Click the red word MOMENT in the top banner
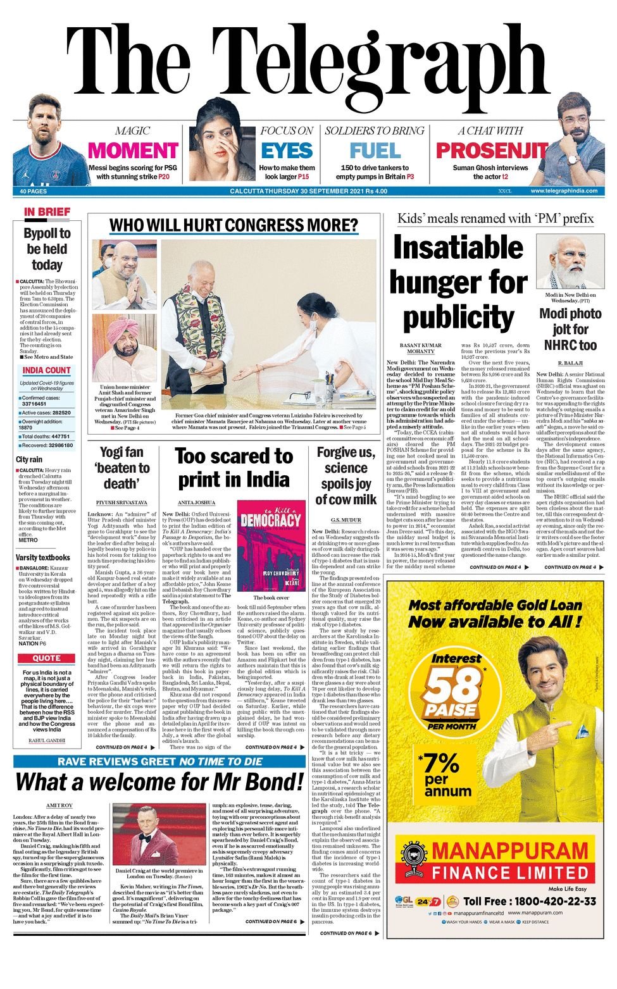(x=133, y=151)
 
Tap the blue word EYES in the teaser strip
(x=287, y=151)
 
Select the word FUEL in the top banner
(x=375, y=151)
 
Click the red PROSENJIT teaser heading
(x=492, y=151)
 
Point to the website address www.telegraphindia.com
(x=563, y=191)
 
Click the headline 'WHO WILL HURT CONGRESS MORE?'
(x=234, y=225)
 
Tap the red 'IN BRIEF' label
(x=47, y=212)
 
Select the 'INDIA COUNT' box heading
(x=47, y=370)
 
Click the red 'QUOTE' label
(x=47, y=658)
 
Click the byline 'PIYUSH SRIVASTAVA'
(x=122, y=502)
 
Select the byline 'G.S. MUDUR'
(x=346, y=519)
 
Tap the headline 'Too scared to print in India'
(x=234, y=468)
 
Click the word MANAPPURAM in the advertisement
(x=510, y=850)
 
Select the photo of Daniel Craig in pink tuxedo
(x=159, y=835)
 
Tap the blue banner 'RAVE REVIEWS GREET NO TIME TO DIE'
(x=159, y=761)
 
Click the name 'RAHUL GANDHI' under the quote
(x=47, y=740)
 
